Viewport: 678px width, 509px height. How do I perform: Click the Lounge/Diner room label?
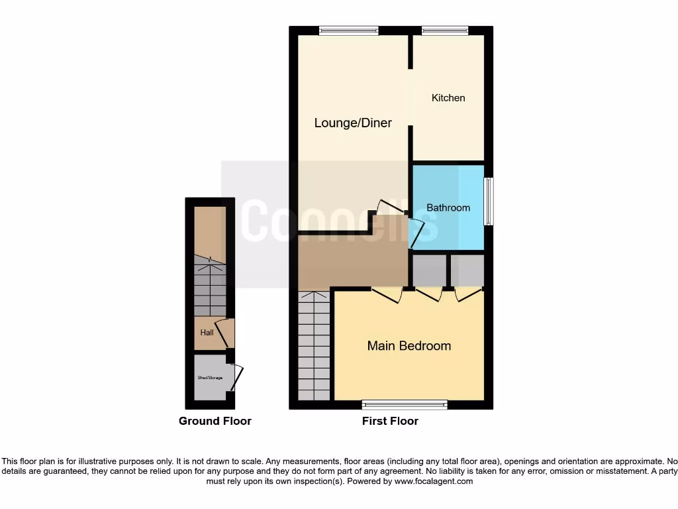pos(353,123)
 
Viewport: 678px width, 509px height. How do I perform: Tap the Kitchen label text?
pos(448,97)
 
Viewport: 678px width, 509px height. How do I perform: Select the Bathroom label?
pos(448,207)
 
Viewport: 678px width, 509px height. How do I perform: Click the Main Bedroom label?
pos(409,345)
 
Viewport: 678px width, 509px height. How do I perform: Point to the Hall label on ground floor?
pos(207,333)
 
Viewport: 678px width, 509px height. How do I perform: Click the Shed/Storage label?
pos(210,377)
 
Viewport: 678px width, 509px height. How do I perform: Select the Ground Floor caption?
pos(215,421)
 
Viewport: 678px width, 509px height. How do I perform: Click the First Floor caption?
pos(390,421)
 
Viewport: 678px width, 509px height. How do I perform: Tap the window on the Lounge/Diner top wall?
pos(349,30)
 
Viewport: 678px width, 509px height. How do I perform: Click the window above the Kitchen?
pos(445,30)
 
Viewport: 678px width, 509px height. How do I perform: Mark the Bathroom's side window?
pos(488,201)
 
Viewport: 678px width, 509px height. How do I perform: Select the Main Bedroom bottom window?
pos(405,404)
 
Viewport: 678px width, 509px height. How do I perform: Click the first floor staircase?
pos(313,346)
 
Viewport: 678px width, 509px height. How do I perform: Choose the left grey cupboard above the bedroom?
pos(429,270)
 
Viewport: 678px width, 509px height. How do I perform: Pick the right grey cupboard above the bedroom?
pos(467,270)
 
